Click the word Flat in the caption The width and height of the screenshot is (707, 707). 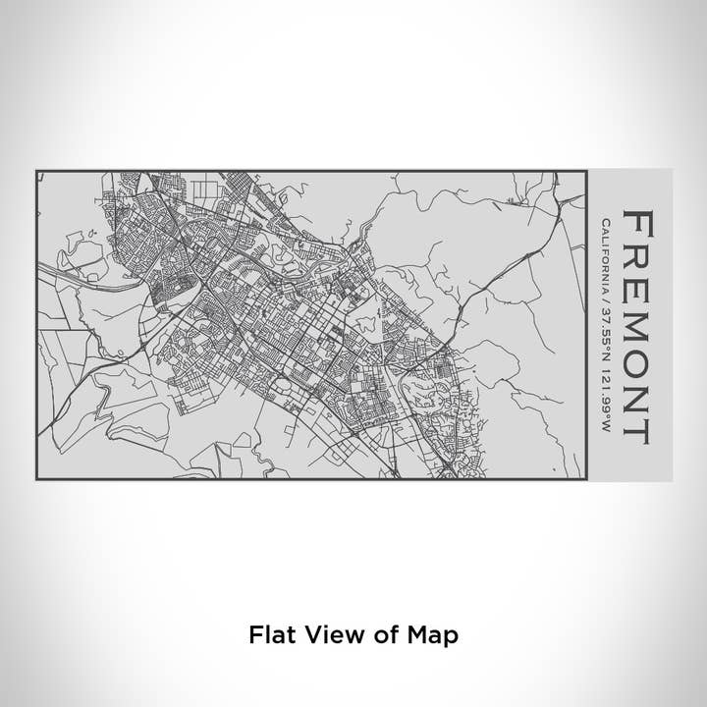tap(269, 635)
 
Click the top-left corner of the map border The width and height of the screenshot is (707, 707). tap(37, 171)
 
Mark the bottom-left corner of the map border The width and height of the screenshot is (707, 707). tap(37, 479)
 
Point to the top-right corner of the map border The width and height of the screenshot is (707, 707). tap(587, 171)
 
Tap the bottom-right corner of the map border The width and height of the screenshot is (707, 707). tap(587, 479)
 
